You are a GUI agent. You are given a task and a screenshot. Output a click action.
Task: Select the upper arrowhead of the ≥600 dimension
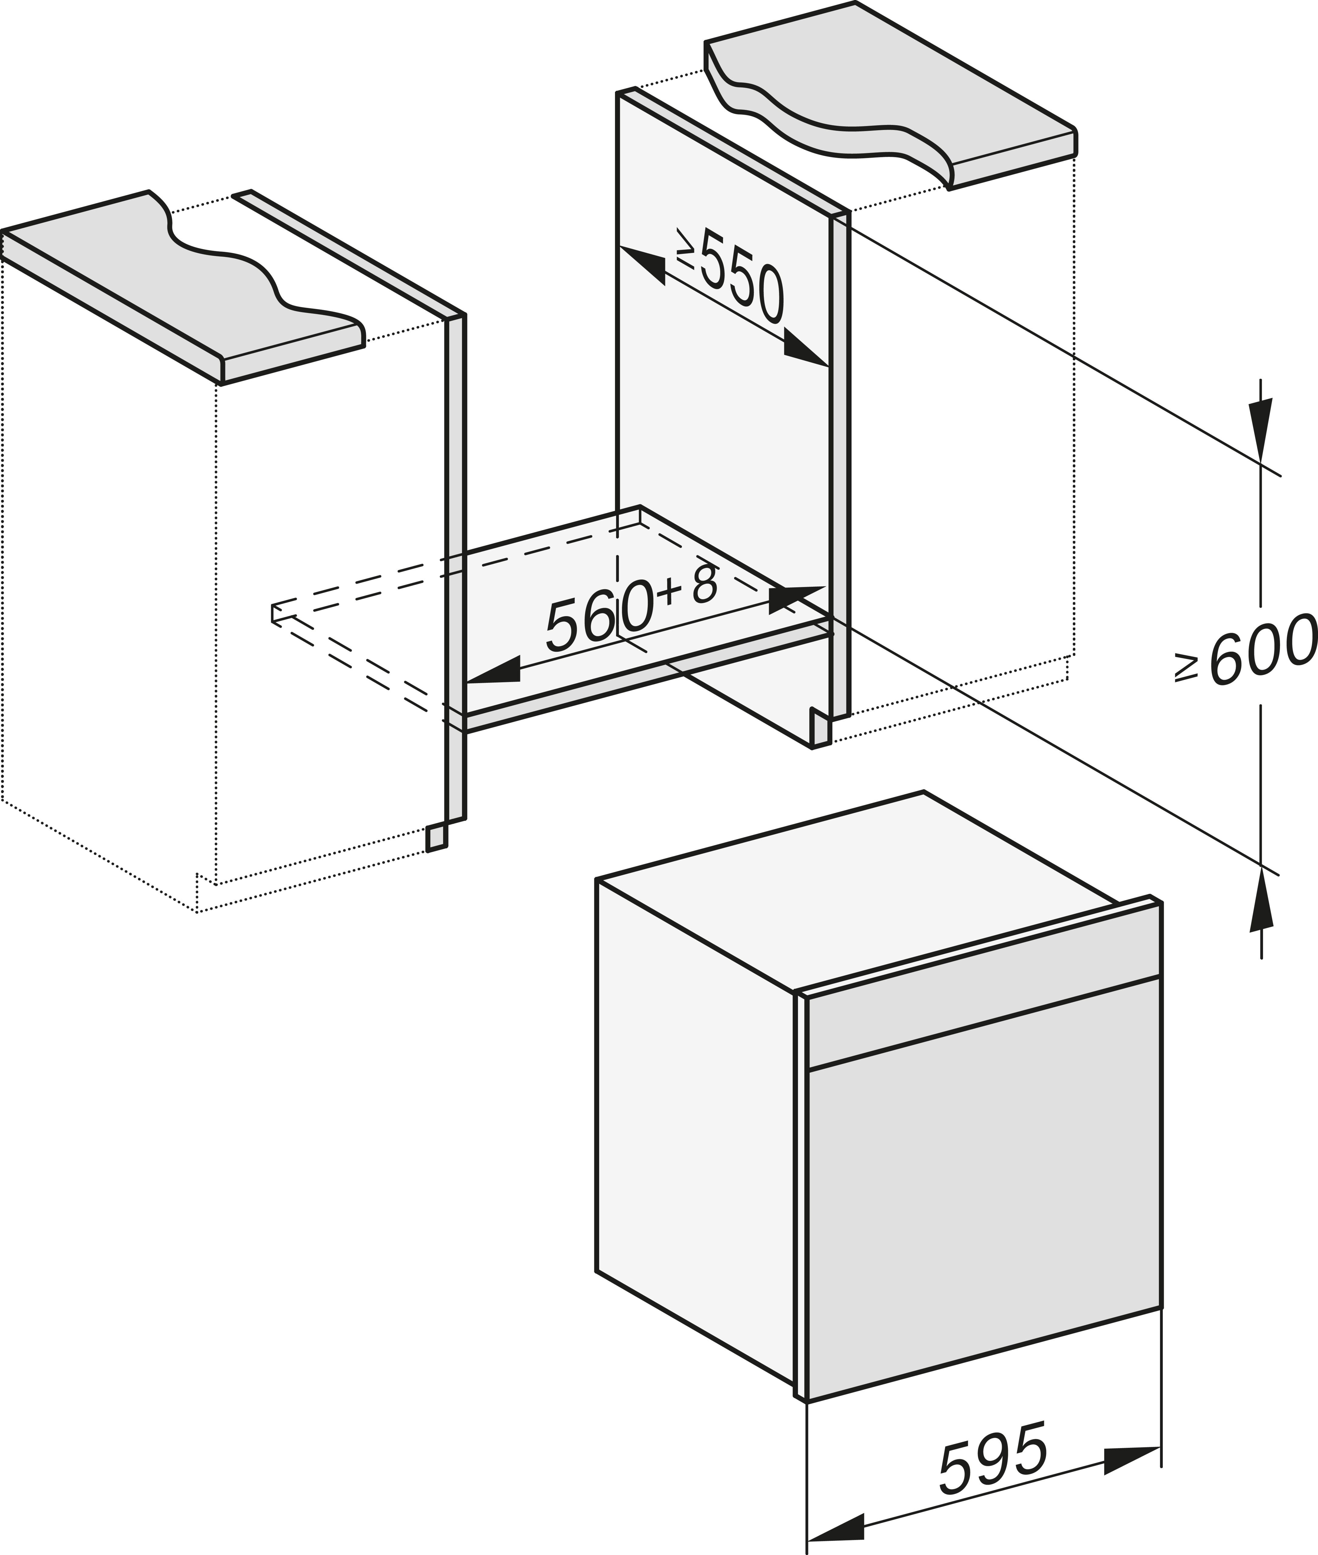point(1261,427)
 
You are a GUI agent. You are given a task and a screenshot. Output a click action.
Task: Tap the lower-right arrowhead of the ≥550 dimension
point(807,353)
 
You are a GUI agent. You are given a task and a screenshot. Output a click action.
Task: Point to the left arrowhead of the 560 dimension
point(493,670)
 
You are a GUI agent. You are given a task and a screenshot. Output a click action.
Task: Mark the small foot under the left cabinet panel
point(436,837)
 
